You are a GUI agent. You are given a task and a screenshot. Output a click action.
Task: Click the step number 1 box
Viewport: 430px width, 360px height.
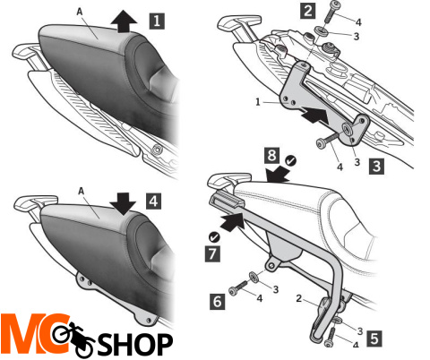[x=157, y=21]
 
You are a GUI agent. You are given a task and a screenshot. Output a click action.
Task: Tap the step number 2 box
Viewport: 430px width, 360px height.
[x=308, y=11]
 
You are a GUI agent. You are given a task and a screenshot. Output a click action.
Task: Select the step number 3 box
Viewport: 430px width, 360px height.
[x=377, y=166]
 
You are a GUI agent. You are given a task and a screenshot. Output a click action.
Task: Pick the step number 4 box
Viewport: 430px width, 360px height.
[x=153, y=201]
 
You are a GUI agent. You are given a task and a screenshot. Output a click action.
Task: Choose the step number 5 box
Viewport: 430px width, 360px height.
[x=374, y=339]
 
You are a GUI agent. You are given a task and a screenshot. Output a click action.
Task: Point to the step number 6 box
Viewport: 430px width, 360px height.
[x=218, y=301]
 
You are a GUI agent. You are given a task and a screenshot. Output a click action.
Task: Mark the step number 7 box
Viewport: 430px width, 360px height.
[x=212, y=254]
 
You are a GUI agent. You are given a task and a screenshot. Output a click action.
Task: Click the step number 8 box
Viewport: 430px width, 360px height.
[x=271, y=155]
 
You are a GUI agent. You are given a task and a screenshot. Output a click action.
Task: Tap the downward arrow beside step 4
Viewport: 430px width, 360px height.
[x=123, y=204]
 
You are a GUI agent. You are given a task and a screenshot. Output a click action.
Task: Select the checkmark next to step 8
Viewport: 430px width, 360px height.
[x=290, y=161]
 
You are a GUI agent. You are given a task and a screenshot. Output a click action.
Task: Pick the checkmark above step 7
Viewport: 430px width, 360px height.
[x=214, y=237]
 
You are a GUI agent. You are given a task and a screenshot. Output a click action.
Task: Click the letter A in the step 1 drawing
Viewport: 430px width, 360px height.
[x=80, y=12]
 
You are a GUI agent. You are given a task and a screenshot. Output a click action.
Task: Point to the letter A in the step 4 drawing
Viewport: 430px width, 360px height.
[x=82, y=191]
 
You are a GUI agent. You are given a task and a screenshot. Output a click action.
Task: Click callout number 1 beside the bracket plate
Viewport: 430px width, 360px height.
[x=258, y=102]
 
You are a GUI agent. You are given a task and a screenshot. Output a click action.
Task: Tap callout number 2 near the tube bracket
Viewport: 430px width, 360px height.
[x=299, y=298]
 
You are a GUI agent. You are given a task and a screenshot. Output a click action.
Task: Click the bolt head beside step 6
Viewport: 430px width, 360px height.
[x=233, y=290]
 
